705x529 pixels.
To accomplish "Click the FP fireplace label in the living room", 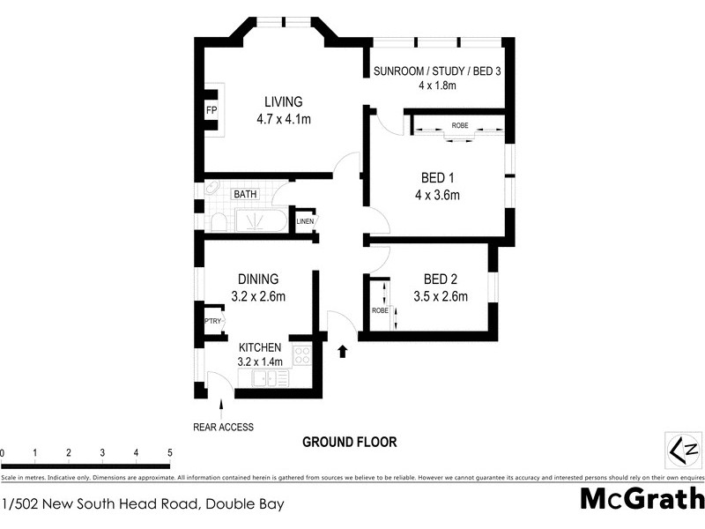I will (x=211, y=110).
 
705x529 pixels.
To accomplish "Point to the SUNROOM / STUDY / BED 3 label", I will (x=437, y=71).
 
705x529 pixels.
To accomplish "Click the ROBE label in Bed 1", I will (x=460, y=126).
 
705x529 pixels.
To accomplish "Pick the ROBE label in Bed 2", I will (x=380, y=311).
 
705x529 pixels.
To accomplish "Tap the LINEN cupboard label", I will (x=305, y=220).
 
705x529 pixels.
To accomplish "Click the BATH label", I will (x=245, y=194).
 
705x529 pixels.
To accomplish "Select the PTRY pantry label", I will (x=212, y=322).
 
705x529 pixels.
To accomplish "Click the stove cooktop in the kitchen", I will (x=301, y=355).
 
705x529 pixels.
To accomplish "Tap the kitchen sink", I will (x=269, y=378).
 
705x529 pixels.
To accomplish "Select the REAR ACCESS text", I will (x=223, y=428).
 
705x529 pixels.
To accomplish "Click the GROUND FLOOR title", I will (x=349, y=442).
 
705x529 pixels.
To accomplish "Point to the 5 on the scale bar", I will (x=169, y=453).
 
